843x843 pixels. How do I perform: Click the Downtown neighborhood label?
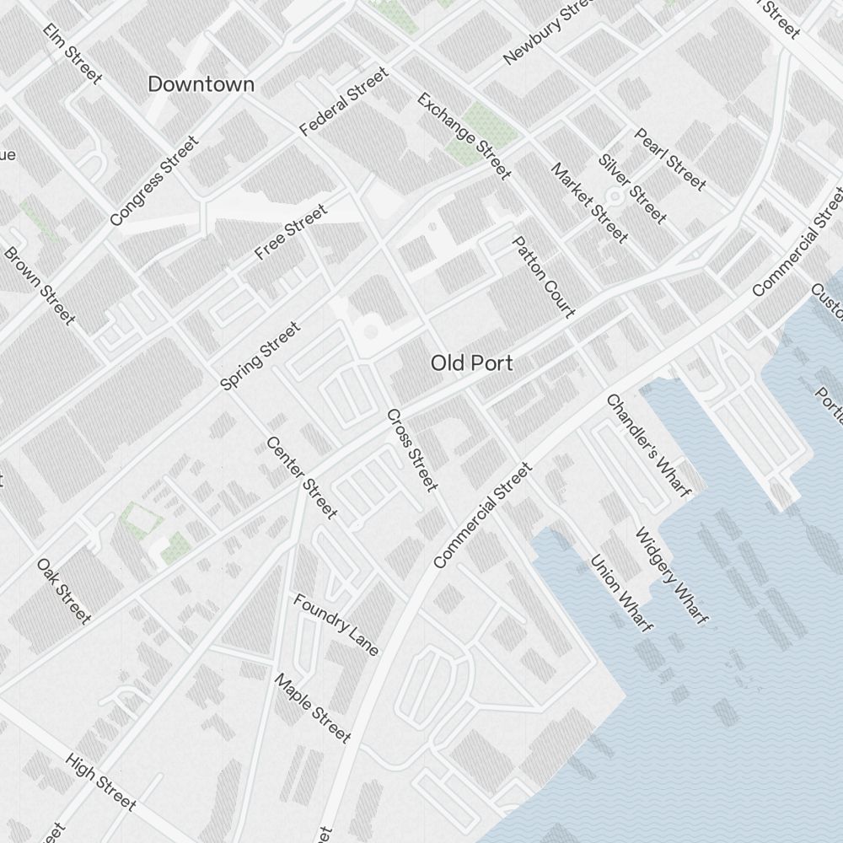pyautogui.click(x=201, y=84)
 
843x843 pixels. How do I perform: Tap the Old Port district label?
pyautogui.click(x=472, y=363)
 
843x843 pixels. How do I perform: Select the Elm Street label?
pyautogui.click(x=72, y=54)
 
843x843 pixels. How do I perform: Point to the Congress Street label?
pyautogui.click(x=154, y=181)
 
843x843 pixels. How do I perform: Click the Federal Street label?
pyautogui.click(x=344, y=103)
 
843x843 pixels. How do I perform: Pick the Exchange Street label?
pyautogui.click(x=464, y=136)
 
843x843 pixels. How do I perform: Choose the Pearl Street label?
pyautogui.click(x=670, y=158)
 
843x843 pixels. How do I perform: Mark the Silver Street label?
pyautogui.click(x=632, y=189)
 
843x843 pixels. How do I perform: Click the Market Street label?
pyautogui.click(x=589, y=202)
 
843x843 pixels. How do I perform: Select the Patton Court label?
pyautogui.click(x=544, y=277)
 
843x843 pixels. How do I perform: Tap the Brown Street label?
pyautogui.click(x=40, y=285)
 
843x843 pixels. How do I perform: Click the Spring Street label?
pyautogui.click(x=260, y=356)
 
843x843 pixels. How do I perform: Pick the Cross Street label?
pyautogui.click(x=412, y=450)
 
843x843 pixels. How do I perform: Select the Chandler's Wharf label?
pyautogui.click(x=648, y=445)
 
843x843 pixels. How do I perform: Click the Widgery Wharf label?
pyautogui.click(x=670, y=576)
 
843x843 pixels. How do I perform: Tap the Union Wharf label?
pyautogui.click(x=621, y=593)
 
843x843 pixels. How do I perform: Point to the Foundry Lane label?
pyautogui.click(x=336, y=625)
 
